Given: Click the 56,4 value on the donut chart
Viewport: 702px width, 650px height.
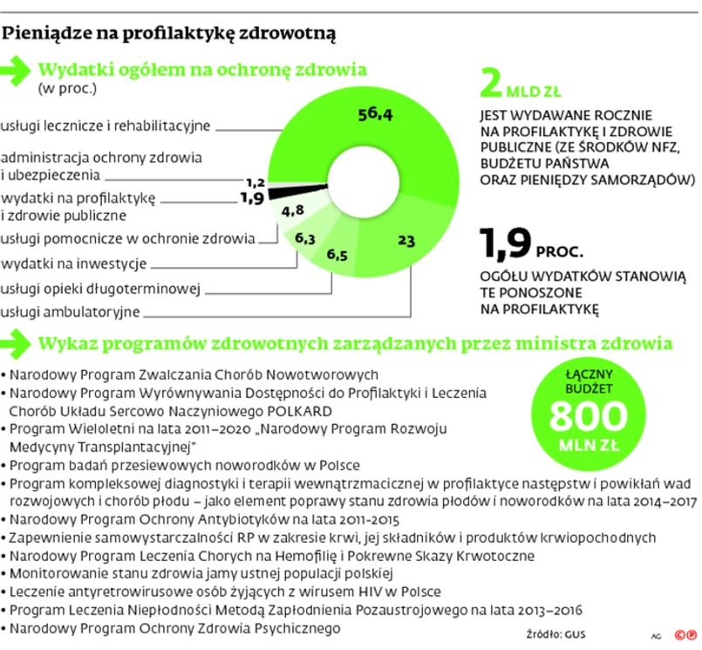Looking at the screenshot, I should point(377,114).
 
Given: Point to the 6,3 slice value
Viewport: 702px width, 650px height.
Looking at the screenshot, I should point(305,237).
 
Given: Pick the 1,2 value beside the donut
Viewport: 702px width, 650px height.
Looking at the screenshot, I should point(256,182).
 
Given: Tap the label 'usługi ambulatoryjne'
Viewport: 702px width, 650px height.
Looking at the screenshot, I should point(71,311).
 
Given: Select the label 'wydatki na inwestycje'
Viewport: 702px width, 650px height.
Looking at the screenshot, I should point(74,263).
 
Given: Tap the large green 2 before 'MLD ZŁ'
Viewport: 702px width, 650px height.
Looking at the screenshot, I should point(493,84).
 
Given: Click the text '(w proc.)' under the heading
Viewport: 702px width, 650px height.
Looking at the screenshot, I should point(66,88).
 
